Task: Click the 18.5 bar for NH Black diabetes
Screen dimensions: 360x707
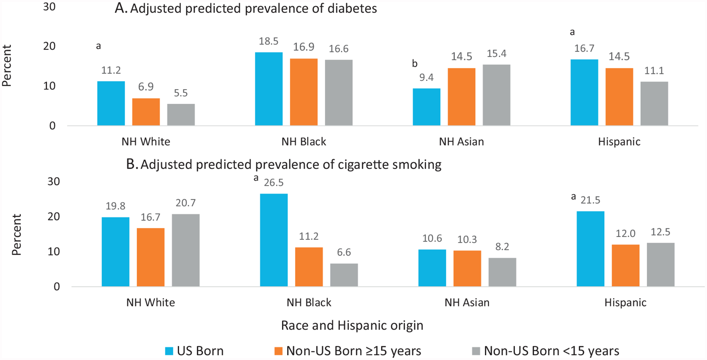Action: click(x=269, y=89)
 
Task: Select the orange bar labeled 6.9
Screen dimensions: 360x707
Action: click(x=146, y=112)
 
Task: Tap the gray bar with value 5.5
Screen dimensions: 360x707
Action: click(x=181, y=115)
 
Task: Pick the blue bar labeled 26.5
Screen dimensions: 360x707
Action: click(x=274, y=240)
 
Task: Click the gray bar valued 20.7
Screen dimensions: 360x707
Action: click(x=186, y=250)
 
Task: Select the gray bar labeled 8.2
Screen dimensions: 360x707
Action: click(x=502, y=272)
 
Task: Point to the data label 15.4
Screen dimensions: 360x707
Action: click(x=496, y=54)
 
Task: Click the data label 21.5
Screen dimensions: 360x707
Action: click(x=590, y=200)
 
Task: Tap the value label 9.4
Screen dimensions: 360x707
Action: click(x=427, y=77)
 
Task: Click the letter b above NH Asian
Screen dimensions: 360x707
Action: click(x=415, y=64)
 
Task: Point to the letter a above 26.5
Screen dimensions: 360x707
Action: click(x=256, y=178)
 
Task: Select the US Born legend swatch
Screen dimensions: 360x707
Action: click(x=169, y=351)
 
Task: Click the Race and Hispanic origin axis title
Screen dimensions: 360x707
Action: click(x=352, y=325)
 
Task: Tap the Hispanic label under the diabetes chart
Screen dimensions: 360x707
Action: click(x=619, y=141)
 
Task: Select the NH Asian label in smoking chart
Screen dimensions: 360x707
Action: click(x=467, y=302)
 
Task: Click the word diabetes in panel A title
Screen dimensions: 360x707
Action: click(x=352, y=9)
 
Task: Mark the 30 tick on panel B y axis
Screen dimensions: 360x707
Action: click(x=54, y=181)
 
